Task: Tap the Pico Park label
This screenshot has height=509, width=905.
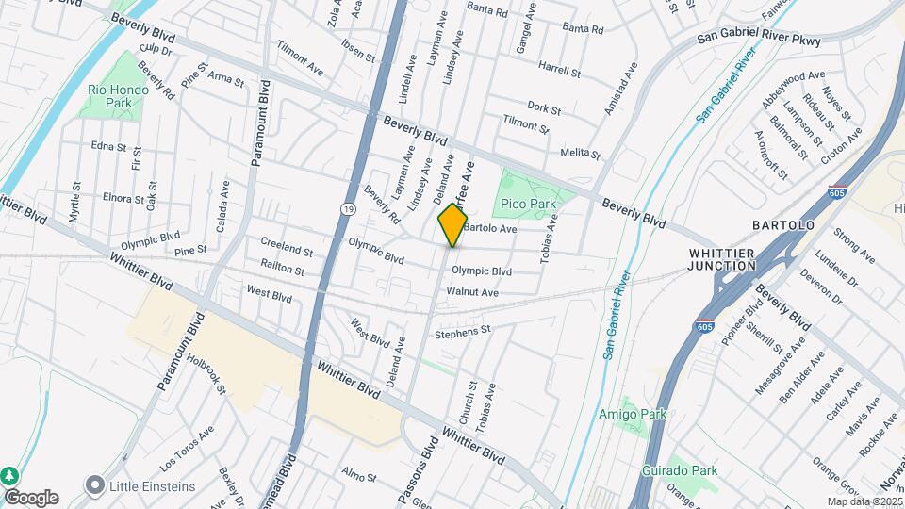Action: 528,204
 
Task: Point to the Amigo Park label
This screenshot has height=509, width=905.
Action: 633,414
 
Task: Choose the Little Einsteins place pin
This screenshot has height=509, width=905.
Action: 94,486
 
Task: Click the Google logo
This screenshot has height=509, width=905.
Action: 31,497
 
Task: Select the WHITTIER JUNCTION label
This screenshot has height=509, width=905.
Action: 722,259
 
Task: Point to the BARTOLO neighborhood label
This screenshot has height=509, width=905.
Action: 782,226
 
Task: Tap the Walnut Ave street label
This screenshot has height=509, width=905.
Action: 472,292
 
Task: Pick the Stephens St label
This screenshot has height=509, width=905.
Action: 463,332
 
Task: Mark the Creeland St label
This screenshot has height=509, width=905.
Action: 287,248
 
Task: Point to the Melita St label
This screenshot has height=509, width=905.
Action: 580,153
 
